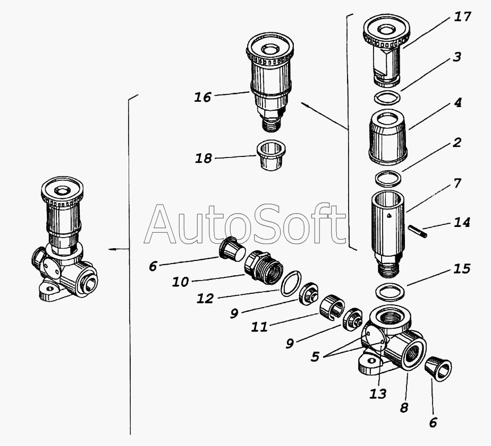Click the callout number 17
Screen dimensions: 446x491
point(463,17)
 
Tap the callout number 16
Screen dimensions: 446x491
point(202,98)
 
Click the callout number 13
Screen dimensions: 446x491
point(378,394)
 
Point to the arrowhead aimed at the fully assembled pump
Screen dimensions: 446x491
point(109,249)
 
